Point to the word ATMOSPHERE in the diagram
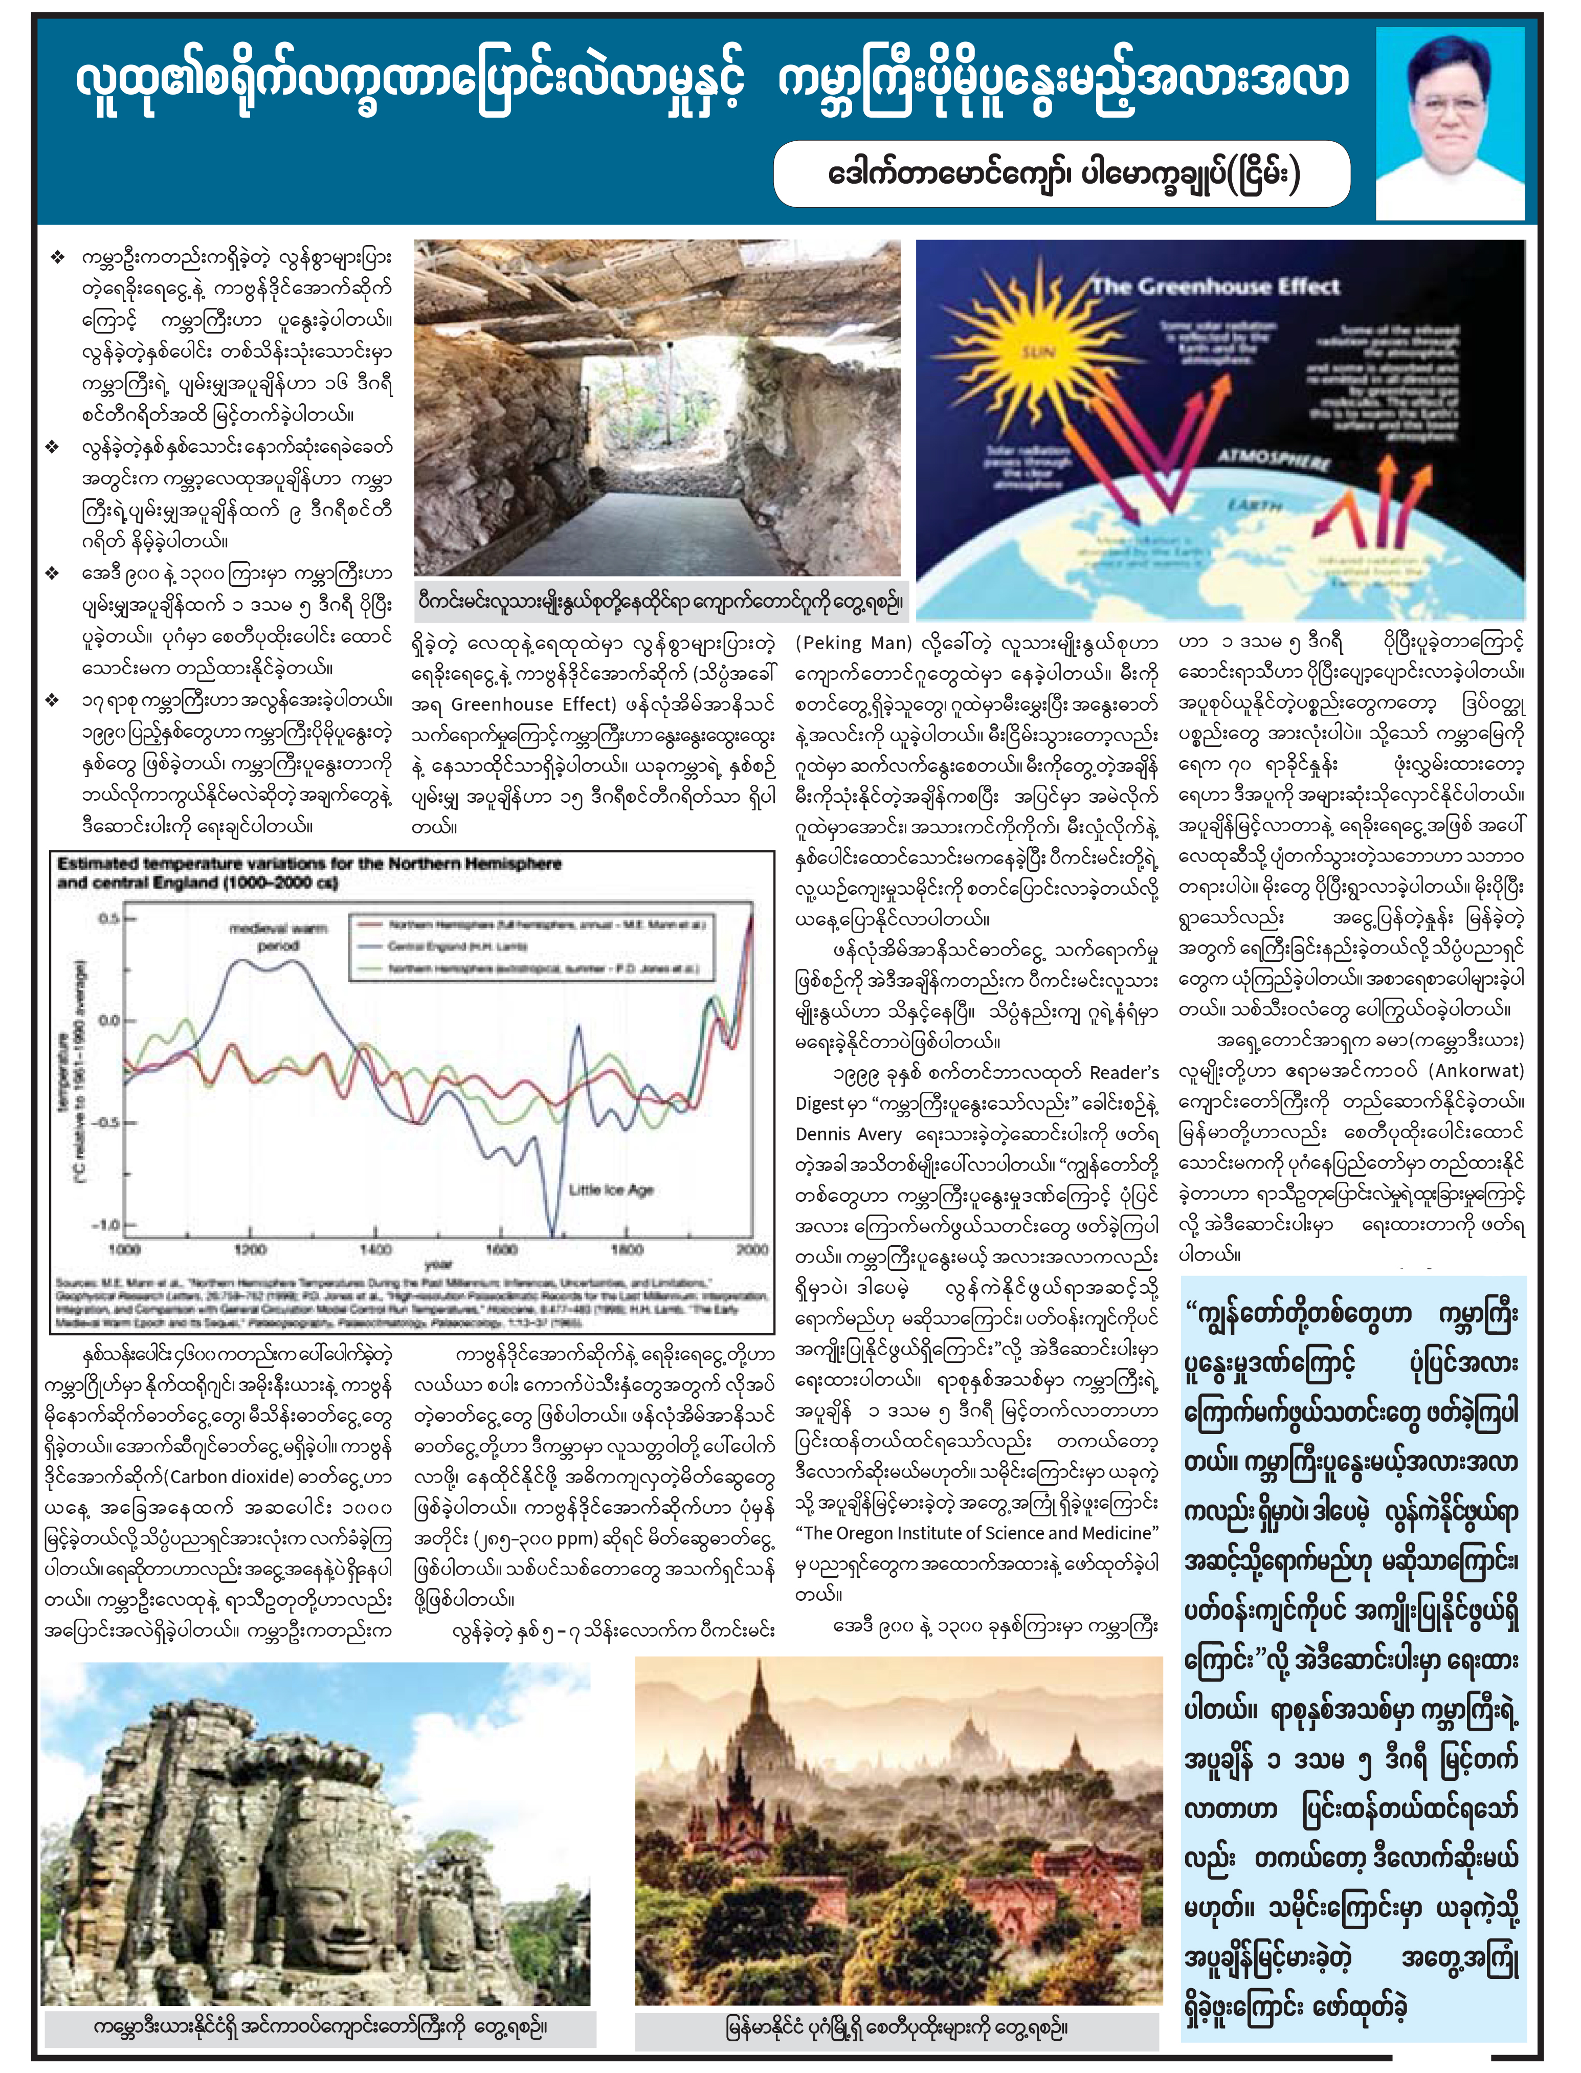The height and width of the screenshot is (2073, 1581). coord(1273,459)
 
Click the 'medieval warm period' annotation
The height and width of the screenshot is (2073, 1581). coord(279,936)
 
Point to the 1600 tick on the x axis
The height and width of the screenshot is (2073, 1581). coord(501,1249)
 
